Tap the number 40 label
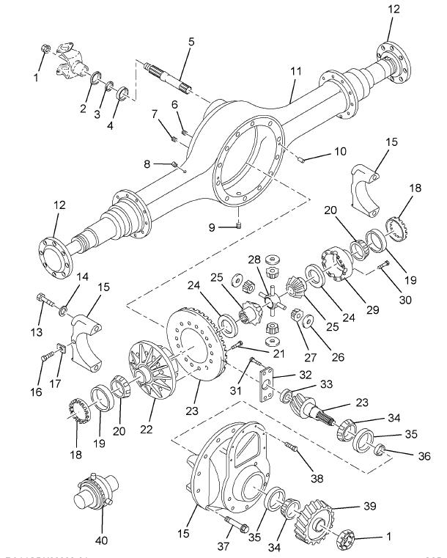[101, 540]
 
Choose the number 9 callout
[212, 228]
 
